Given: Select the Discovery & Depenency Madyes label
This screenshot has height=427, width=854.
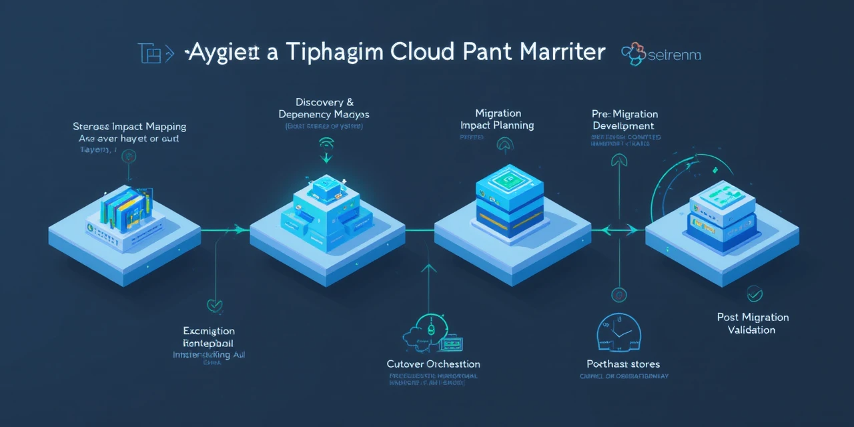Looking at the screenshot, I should point(324,108).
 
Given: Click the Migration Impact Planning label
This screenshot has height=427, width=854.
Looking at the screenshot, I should point(498,119).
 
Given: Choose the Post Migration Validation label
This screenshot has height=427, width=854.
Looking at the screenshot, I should point(753,324).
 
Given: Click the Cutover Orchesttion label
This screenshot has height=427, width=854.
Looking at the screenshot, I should point(433,364).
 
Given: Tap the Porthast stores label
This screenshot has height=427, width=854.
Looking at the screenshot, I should point(623,364).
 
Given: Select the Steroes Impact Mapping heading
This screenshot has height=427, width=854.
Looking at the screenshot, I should point(129,126).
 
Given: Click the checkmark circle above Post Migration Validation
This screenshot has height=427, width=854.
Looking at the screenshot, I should point(755,293).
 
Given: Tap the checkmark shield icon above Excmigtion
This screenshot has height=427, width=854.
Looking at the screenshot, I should point(214,306).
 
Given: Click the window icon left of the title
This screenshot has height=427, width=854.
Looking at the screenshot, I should point(150,54).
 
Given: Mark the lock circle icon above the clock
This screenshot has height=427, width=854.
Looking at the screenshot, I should point(618,294).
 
